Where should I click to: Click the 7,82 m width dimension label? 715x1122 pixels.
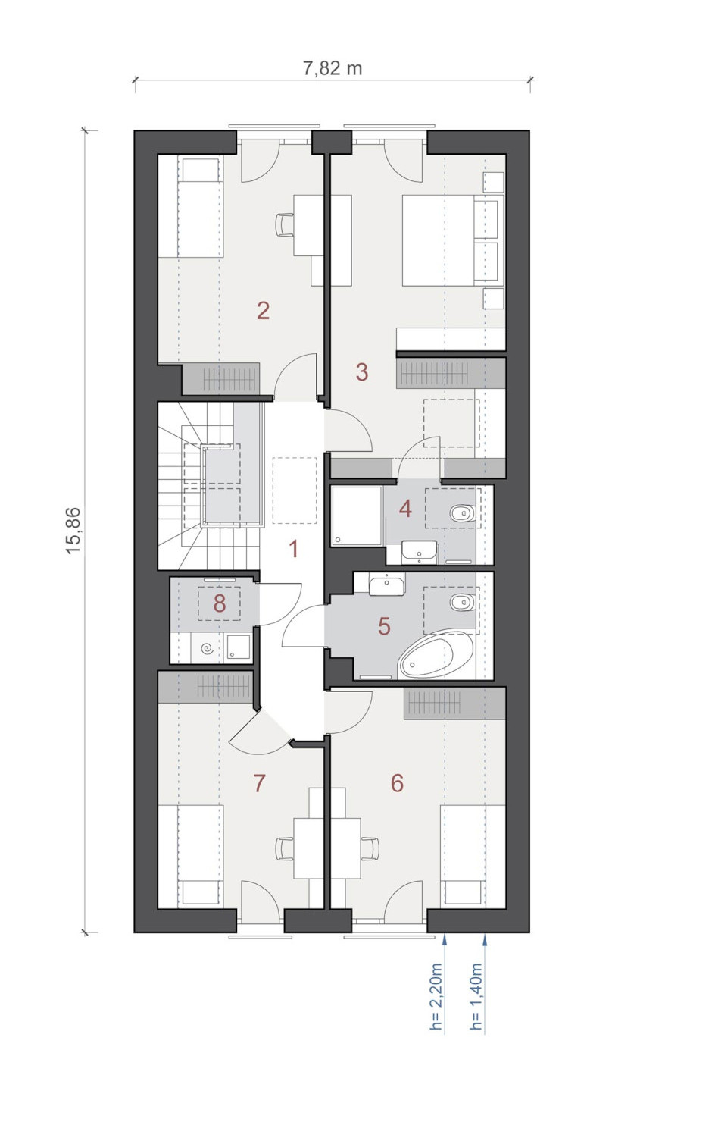(x=333, y=67)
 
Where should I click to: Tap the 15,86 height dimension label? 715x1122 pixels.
(x=73, y=531)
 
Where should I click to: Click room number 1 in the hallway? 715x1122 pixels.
(x=294, y=549)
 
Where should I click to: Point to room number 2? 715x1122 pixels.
(x=263, y=310)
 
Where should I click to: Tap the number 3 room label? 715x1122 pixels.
(x=362, y=371)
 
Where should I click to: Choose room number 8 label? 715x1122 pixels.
(x=220, y=603)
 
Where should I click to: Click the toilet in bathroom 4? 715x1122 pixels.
(x=462, y=513)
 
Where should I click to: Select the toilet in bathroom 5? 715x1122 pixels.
(x=462, y=603)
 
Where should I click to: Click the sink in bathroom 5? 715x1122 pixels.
(x=387, y=585)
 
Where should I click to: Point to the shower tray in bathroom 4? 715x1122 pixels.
(x=357, y=515)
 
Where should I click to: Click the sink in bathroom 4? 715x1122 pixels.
(x=420, y=552)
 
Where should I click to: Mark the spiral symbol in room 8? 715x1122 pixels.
(x=209, y=650)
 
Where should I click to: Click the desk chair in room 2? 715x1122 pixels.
(x=285, y=224)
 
